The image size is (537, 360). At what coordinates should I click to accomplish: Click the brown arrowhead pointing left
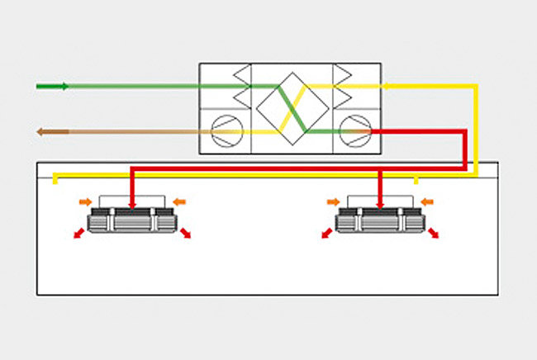tap(40, 131)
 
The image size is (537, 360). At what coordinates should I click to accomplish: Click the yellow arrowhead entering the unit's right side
tap(387, 85)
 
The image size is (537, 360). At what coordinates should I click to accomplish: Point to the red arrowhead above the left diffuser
tap(131, 203)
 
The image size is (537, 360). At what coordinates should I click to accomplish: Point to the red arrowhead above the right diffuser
tap(378, 203)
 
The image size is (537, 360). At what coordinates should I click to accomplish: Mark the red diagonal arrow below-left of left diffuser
tap(78, 234)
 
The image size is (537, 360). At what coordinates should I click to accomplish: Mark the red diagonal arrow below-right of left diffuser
tap(185, 234)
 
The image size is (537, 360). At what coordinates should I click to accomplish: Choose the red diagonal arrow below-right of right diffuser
tap(432, 234)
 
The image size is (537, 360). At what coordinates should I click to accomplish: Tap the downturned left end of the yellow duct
tap(55, 180)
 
